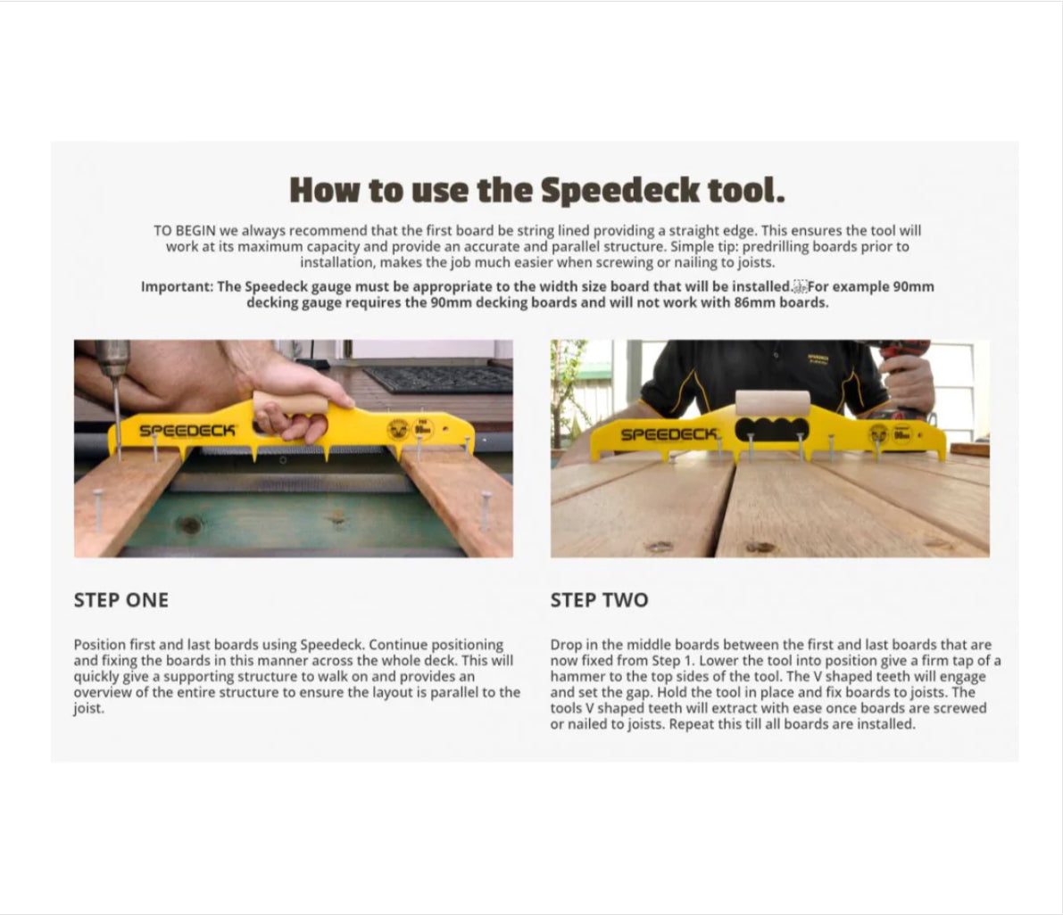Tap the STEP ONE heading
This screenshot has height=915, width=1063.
click(120, 600)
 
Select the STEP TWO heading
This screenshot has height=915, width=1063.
click(599, 600)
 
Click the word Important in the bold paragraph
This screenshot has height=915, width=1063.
click(177, 286)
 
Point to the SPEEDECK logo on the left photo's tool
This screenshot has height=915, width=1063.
click(187, 431)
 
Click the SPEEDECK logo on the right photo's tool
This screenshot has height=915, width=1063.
click(669, 434)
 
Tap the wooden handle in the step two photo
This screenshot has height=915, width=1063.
click(772, 402)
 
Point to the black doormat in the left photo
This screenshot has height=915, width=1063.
click(437, 378)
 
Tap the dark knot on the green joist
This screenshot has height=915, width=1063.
click(189, 525)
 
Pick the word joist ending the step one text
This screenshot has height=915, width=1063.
click(87, 708)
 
